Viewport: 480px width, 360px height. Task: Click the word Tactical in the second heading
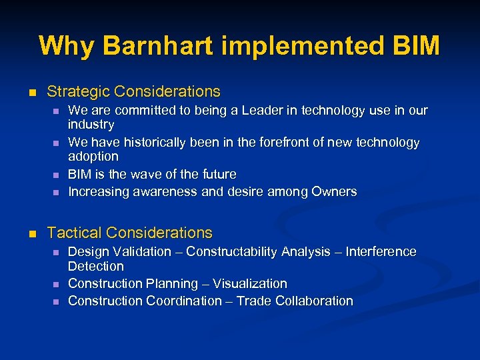pos(74,233)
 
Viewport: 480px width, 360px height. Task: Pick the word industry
pos(91,125)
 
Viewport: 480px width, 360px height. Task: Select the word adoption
pos(93,157)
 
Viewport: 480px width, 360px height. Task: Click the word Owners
pos(334,192)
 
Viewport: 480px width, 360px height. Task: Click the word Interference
pos(381,251)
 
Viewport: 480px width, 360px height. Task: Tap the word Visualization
pos(250,283)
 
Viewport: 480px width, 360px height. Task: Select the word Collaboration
pos(313,301)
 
